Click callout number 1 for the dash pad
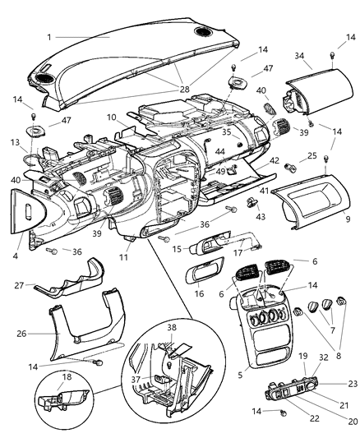[x=48, y=37]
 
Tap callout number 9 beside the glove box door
[x=348, y=219]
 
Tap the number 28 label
[x=182, y=88]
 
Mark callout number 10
[x=110, y=118]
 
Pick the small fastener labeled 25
[x=291, y=167]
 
